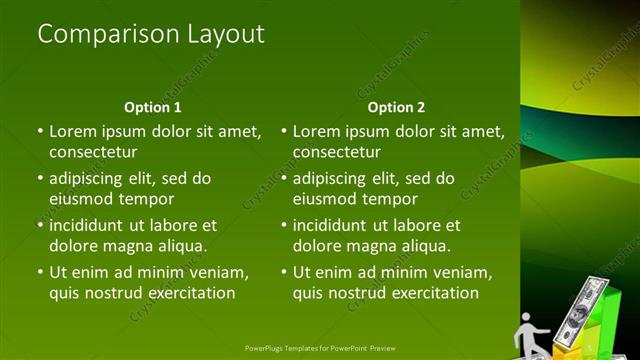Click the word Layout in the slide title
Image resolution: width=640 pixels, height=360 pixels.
(x=226, y=34)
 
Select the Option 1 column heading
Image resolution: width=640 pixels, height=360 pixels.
(x=152, y=107)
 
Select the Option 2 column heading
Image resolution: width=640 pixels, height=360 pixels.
(x=396, y=107)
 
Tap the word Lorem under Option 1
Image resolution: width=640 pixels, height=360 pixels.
(x=73, y=131)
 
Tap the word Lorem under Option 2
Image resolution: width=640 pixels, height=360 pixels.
(x=317, y=131)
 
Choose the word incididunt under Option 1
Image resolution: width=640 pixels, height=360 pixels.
(x=93, y=226)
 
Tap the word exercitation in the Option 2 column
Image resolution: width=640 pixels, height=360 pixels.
(x=433, y=293)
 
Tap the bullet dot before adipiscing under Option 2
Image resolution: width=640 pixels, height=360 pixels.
(x=284, y=179)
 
